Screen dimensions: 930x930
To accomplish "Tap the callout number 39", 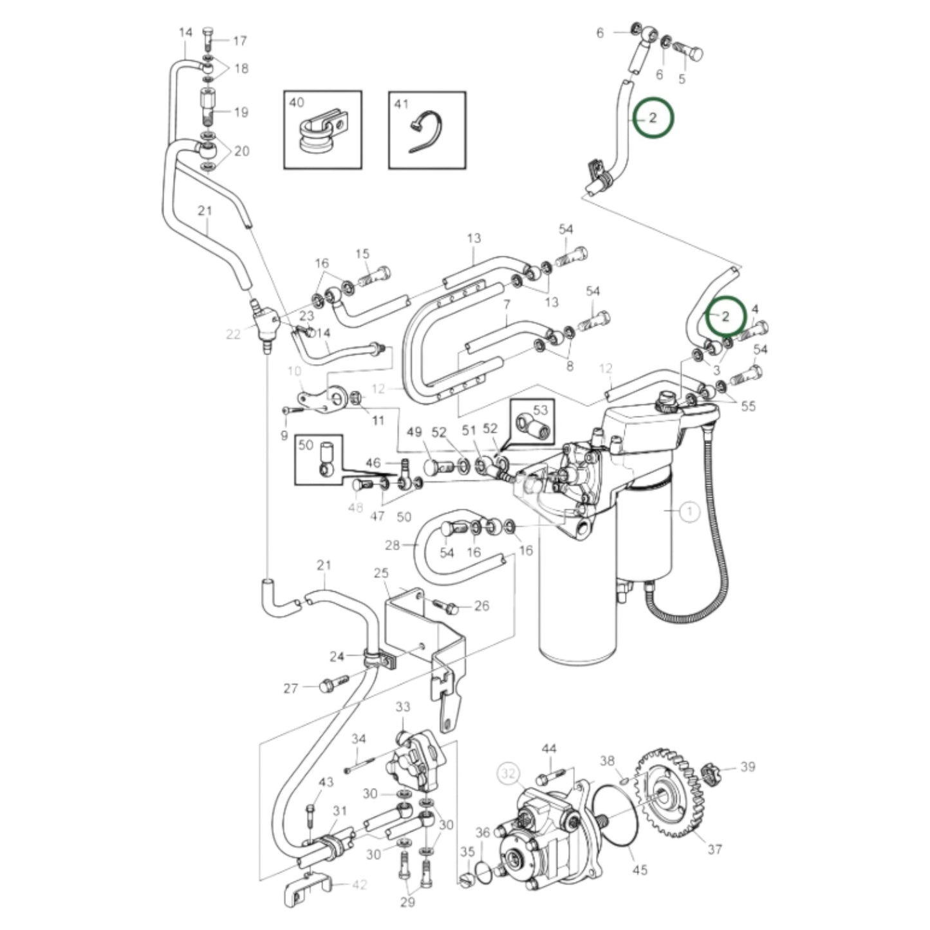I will [747, 767].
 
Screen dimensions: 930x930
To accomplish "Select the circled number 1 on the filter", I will [689, 512].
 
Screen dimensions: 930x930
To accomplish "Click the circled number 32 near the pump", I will [509, 774].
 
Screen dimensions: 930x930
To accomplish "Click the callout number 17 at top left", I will [239, 41].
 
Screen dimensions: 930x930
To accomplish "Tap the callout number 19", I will [241, 113].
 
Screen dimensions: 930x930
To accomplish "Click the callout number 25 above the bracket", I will [381, 573].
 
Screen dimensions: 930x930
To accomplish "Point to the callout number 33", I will [402, 707].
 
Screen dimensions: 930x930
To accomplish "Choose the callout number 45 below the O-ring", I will [640, 871].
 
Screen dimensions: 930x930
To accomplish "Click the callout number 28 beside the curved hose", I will [393, 545].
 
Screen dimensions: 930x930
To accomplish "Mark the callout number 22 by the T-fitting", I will [233, 333].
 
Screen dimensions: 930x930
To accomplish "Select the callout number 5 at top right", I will [682, 79].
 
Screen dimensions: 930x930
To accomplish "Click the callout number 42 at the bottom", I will [359, 885].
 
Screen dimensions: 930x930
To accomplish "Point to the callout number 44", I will [548, 749].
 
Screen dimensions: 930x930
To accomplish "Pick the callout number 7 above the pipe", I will [507, 304].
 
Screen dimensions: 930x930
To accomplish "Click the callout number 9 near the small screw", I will [284, 436].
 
